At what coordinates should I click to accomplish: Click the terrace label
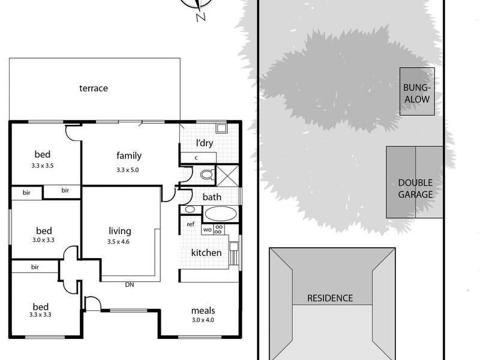tap(94, 88)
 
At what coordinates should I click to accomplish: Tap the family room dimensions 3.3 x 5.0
tap(128, 170)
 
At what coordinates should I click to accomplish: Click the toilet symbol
tap(206, 175)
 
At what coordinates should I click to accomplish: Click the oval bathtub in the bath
tap(220, 213)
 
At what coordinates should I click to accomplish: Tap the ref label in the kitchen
tap(191, 224)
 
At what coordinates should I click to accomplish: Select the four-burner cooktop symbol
tap(218, 229)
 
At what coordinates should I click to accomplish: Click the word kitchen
tap(206, 253)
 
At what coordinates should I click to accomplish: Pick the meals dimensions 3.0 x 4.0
tap(203, 320)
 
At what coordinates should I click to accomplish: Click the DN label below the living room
tap(129, 284)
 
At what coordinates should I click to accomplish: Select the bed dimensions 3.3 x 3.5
tap(43, 166)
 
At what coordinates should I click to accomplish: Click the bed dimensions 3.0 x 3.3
tap(43, 239)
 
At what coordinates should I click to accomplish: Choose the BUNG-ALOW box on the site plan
tap(418, 92)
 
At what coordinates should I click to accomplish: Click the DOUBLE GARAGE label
tap(415, 188)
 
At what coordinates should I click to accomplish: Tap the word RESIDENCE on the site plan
tap(330, 298)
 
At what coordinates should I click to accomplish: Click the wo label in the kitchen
tap(207, 229)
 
